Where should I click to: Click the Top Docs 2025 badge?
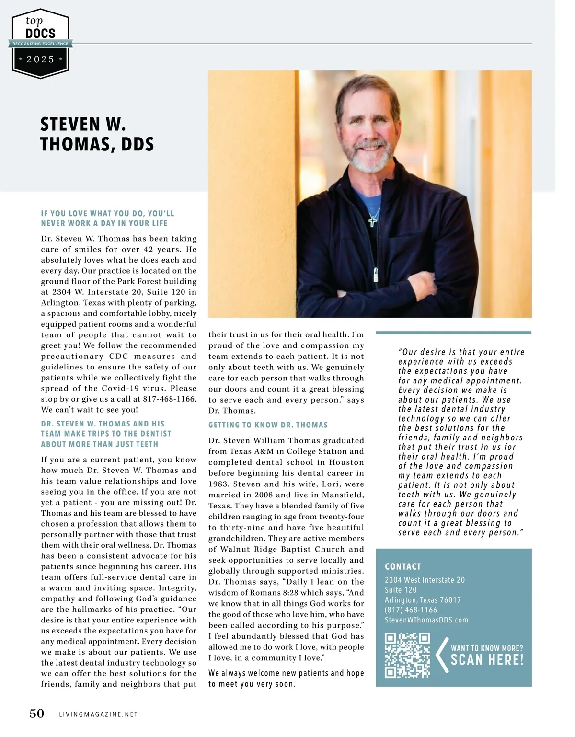[x=41, y=43]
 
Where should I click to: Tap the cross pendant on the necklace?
[x=373, y=220]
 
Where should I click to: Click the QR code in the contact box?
[x=407, y=655]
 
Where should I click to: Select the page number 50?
[x=37, y=714]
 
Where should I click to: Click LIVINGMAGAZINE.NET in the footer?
[x=98, y=714]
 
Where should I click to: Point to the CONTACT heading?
[x=402, y=566]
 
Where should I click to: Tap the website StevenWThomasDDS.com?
[x=426, y=620]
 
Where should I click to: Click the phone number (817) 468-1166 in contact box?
[x=411, y=610]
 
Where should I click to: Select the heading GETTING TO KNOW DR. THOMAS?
[x=268, y=425]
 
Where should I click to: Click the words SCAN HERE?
[x=487, y=660]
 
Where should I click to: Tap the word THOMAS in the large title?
[x=75, y=144]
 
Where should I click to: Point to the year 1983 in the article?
[x=218, y=484]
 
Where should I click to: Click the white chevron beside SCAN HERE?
[x=442, y=655]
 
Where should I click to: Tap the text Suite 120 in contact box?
[x=401, y=590]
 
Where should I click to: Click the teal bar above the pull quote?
[x=453, y=333]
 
